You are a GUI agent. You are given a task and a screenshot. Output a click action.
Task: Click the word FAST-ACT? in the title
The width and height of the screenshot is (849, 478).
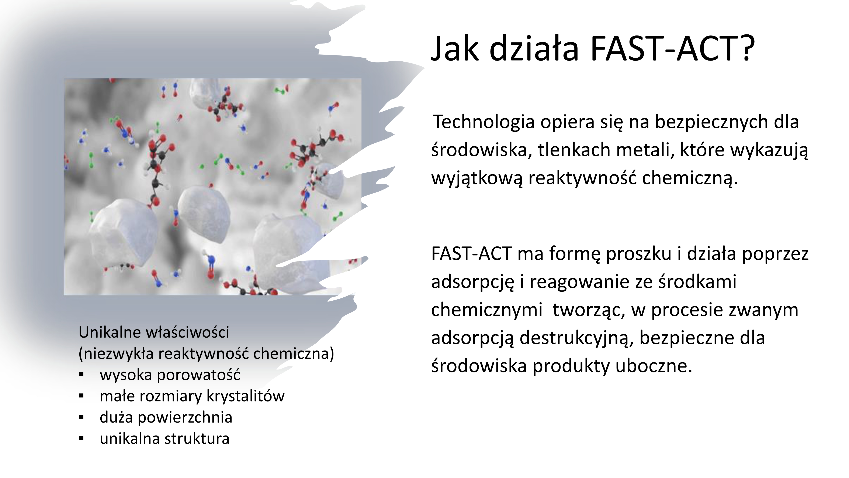click(672, 49)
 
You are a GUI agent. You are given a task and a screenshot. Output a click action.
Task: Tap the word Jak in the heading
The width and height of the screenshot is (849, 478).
click(455, 49)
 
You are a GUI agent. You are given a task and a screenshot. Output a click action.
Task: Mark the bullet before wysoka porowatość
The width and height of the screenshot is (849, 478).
click(82, 375)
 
